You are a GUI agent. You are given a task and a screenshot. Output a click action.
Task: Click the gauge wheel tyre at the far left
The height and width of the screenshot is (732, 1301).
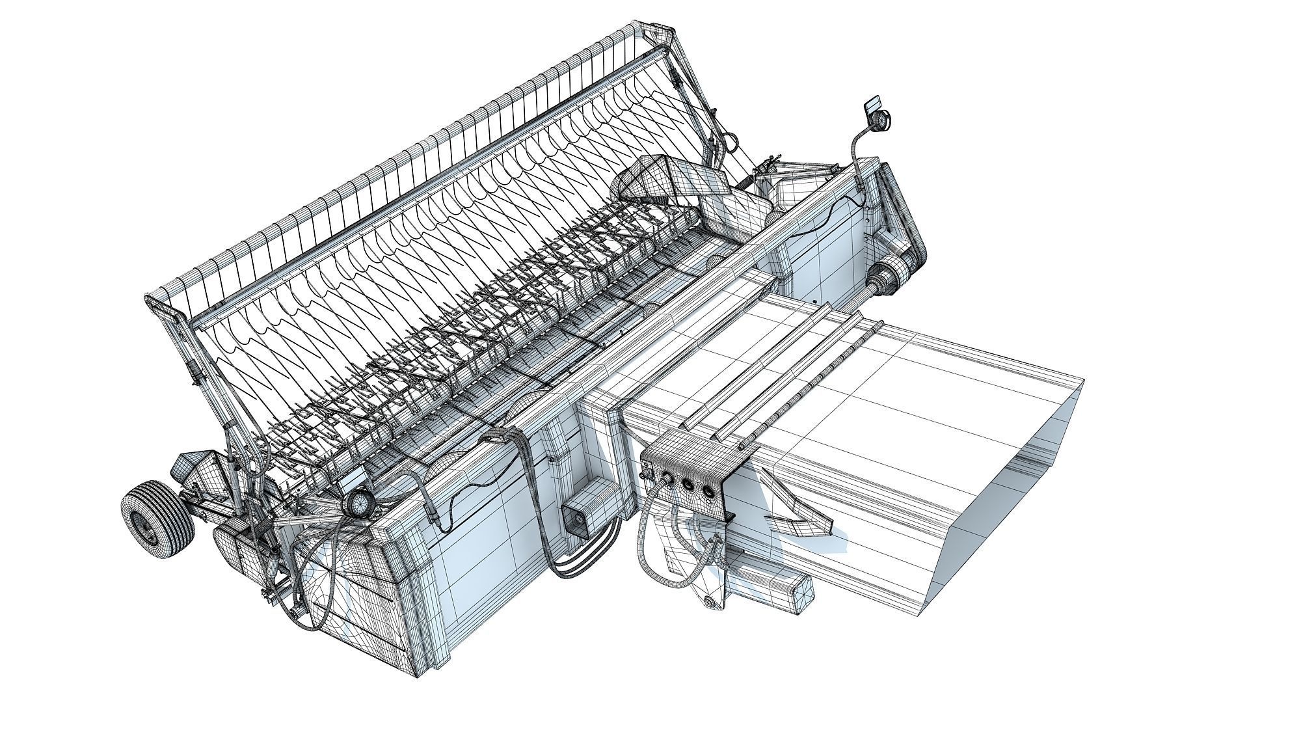click(156, 521)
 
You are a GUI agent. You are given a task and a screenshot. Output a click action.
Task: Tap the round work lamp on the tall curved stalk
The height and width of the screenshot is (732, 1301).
click(880, 122)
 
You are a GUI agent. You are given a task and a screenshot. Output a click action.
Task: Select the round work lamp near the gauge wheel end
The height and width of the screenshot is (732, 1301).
click(356, 504)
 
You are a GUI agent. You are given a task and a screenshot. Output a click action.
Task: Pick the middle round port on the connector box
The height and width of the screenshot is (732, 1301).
click(688, 483)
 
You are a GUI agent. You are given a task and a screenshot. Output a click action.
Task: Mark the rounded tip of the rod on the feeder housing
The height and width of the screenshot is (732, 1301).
click(743, 445)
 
